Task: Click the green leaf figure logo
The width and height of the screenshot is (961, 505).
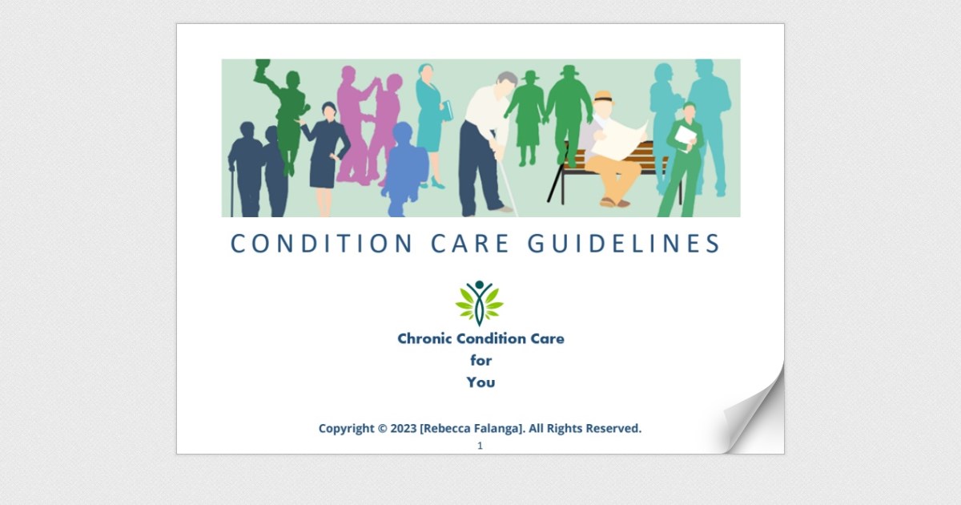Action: pyautogui.click(x=480, y=303)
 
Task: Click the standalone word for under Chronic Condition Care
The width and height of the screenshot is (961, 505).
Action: pyautogui.click(x=480, y=361)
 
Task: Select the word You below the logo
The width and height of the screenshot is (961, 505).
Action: pyautogui.click(x=480, y=382)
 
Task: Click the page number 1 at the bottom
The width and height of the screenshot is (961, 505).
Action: pyautogui.click(x=480, y=446)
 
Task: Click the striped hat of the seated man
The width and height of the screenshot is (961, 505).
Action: pyautogui.click(x=603, y=98)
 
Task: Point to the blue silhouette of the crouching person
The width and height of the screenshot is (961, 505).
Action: pyautogui.click(x=406, y=168)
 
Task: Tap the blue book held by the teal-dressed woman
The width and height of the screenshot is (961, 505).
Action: pyautogui.click(x=447, y=110)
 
